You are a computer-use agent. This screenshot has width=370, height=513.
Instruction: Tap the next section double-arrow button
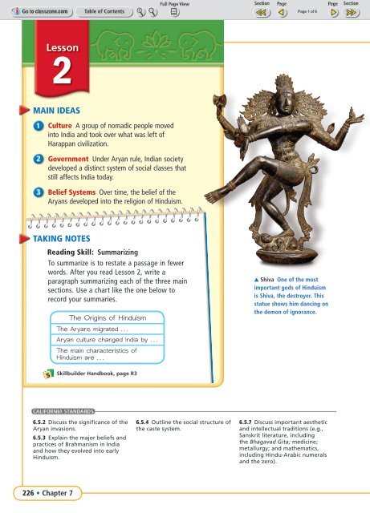[350, 13]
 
